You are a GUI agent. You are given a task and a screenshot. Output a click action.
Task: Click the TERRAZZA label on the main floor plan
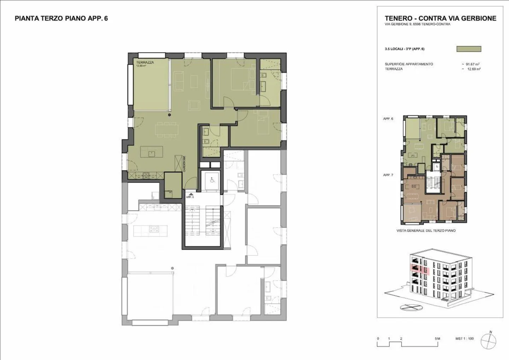click(145, 62)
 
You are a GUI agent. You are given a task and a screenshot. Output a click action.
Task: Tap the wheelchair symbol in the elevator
click(212, 180)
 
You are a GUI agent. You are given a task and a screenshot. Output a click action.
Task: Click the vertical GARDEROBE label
click(185, 164)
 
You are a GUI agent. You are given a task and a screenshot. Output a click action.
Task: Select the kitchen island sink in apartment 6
click(151, 153)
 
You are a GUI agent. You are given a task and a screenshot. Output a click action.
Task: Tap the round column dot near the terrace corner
click(169, 115)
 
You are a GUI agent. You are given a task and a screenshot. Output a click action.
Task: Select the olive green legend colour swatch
click(469, 49)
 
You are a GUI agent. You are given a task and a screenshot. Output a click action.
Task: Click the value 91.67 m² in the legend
click(472, 64)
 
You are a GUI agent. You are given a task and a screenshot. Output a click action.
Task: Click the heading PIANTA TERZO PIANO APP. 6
click(61, 18)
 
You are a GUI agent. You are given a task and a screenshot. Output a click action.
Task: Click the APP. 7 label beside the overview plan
click(388, 175)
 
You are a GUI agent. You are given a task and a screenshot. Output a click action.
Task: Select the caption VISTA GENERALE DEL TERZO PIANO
click(426, 231)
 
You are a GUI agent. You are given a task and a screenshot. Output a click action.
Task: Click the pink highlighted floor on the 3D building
click(420, 270)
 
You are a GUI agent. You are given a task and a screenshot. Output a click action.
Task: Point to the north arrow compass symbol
click(490, 339)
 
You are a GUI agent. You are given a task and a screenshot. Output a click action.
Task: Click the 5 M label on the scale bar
click(438, 339)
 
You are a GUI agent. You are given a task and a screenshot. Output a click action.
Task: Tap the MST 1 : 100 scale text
click(464, 339)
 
